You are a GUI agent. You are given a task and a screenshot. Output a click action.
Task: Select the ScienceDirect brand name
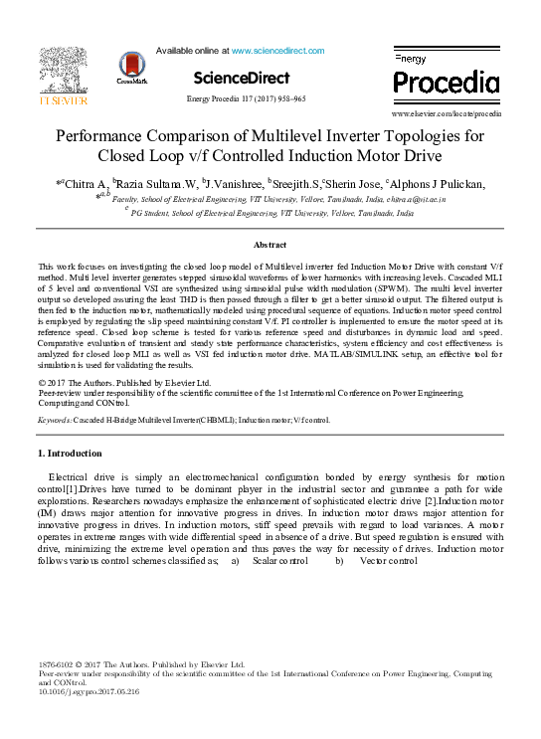click(x=241, y=78)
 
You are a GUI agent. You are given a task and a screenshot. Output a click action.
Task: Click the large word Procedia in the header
click(x=447, y=82)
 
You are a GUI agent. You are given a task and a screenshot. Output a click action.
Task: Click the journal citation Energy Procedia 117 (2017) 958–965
click(x=246, y=99)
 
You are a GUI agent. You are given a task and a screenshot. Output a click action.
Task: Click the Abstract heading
click(x=270, y=244)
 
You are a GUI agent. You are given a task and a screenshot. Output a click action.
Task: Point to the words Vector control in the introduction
click(x=388, y=561)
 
